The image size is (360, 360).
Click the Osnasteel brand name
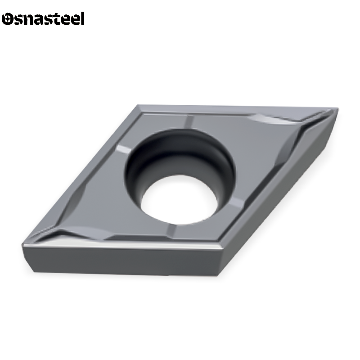(x=43, y=19)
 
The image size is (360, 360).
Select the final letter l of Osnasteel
(x=82, y=19)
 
